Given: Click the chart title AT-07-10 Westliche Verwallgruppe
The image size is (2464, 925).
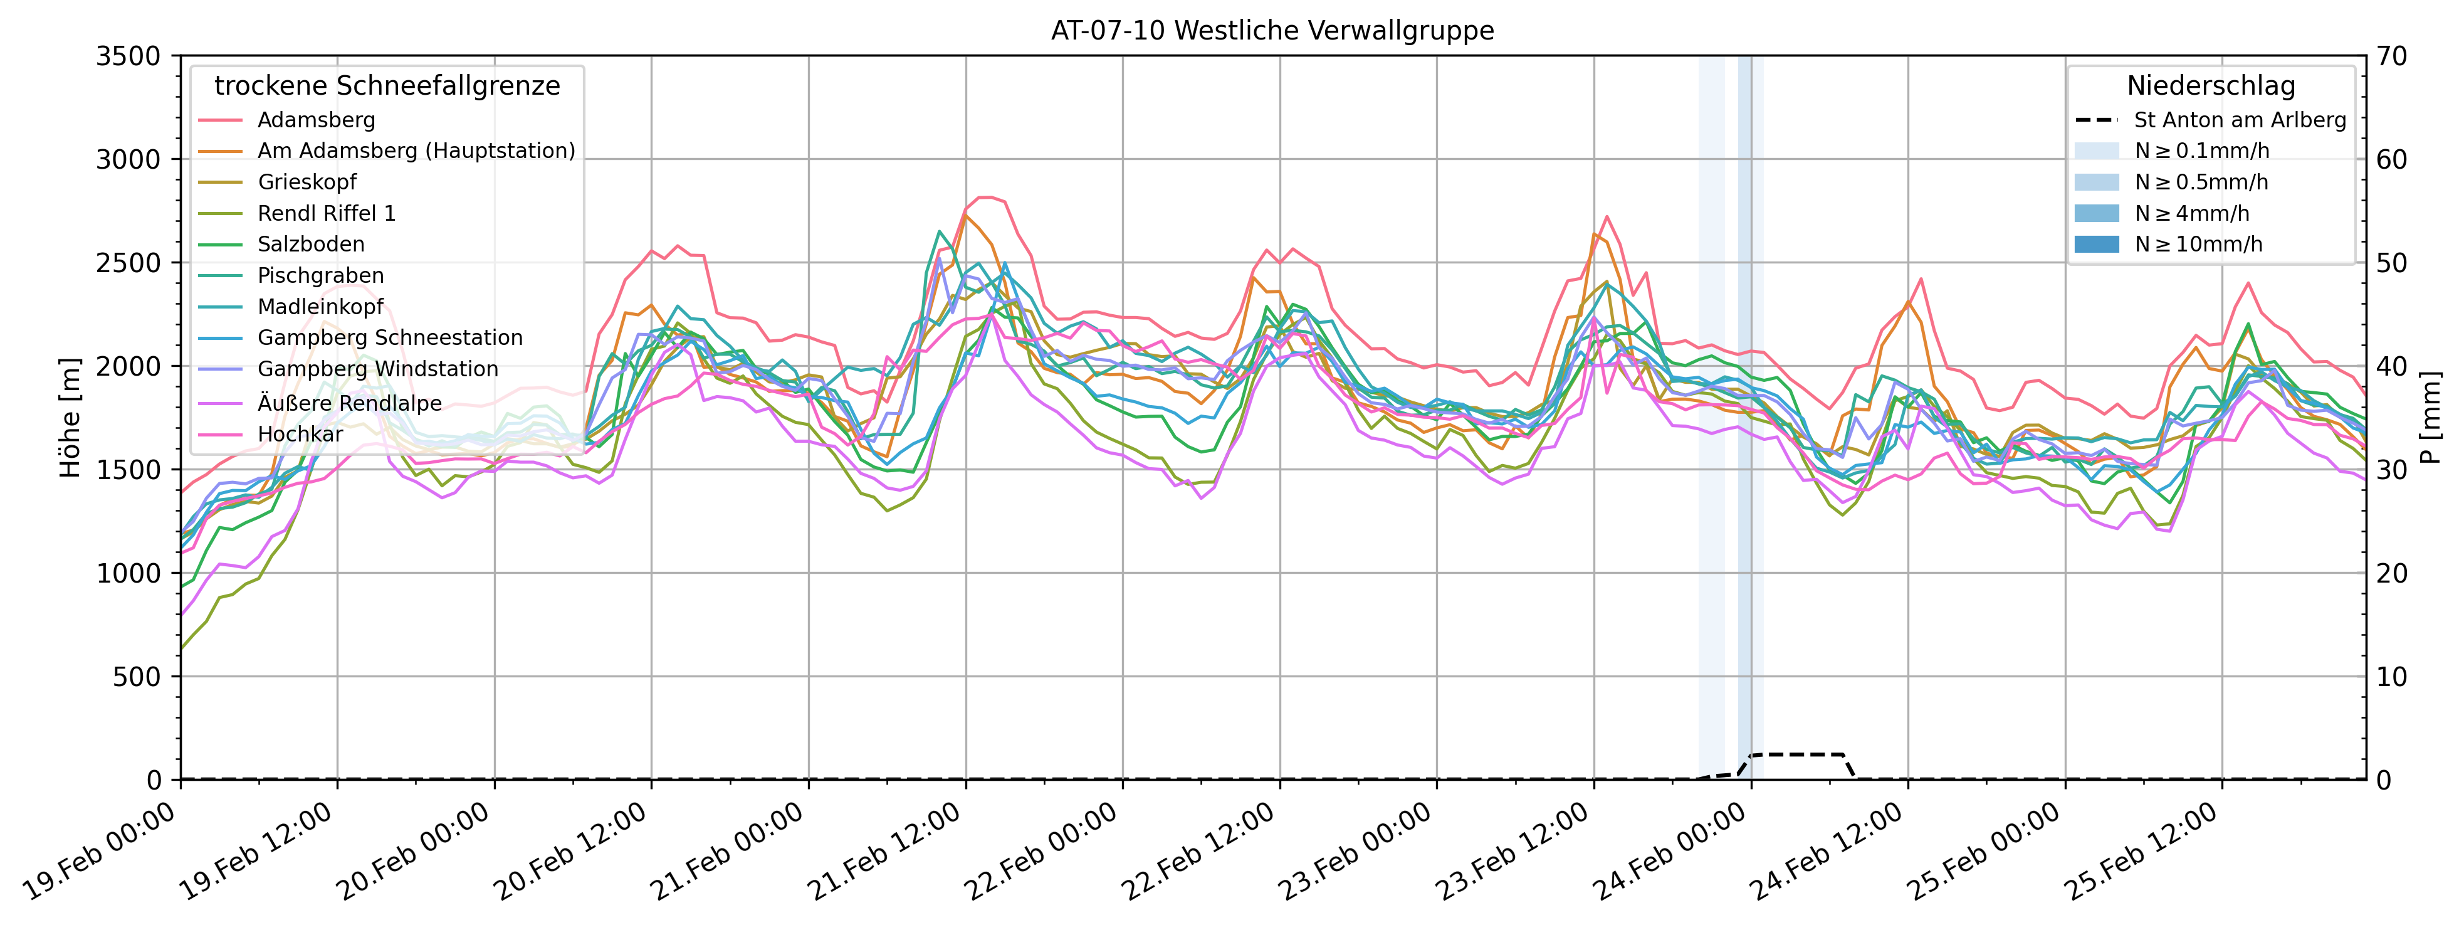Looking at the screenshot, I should [1272, 31].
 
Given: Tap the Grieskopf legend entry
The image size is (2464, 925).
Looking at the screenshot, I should [306, 182].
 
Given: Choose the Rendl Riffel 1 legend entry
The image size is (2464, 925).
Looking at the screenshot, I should [326, 213].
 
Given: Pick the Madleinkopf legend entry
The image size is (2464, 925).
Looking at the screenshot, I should [320, 307].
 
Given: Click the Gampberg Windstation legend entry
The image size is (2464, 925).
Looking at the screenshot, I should [378, 369].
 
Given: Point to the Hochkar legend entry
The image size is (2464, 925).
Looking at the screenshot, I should [300, 435].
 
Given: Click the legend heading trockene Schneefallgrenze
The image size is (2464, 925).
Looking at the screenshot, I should [387, 86].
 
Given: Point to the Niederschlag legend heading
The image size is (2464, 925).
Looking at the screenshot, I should [2211, 86].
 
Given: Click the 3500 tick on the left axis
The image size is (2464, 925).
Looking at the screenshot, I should [128, 56].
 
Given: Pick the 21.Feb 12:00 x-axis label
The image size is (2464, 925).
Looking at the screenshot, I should [886, 854].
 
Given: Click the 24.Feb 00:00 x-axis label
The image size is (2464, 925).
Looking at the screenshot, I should [1671, 854].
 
